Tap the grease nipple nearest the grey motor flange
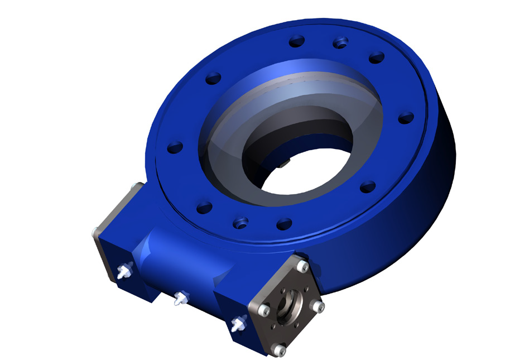tap(239, 323)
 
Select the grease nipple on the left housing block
tap(123, 272)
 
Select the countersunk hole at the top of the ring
tap(340, 42)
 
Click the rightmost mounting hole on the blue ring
tap(406, 117)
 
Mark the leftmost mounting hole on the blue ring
tap(175, 146)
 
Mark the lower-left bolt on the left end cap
tap(96, 230)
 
